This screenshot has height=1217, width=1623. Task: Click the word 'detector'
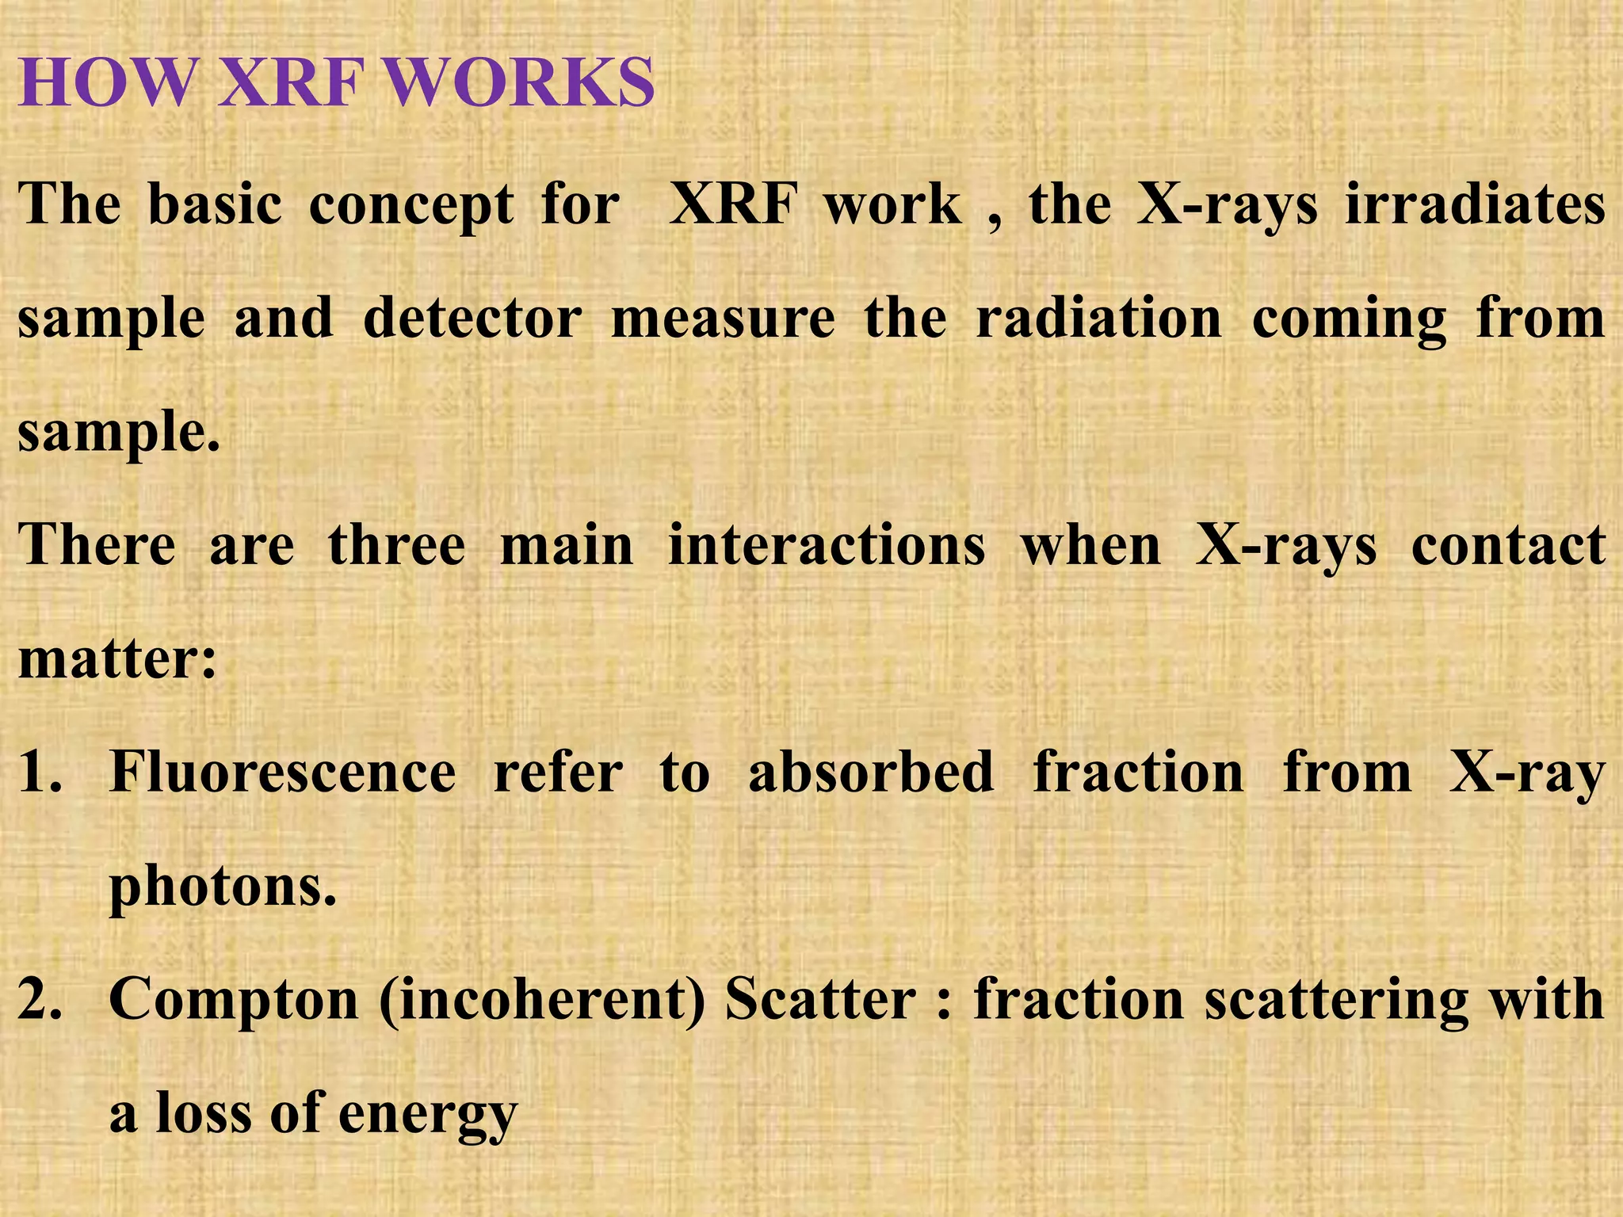472,319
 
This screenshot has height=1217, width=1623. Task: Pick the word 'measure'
723,319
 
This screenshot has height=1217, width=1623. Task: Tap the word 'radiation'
1098,319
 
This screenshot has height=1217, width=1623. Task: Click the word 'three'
397,546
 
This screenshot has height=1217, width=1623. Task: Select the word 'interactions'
827,546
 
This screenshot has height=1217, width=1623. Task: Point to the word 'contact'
1508,546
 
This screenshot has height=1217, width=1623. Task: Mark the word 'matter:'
117,659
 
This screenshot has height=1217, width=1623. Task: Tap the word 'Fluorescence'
283,773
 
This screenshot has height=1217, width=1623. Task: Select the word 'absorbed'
871,773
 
